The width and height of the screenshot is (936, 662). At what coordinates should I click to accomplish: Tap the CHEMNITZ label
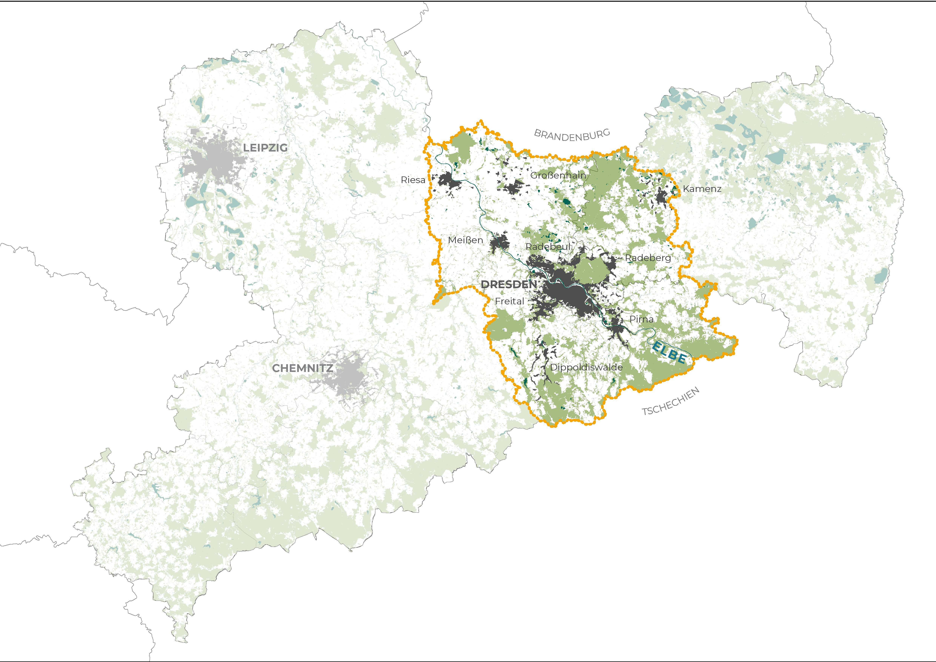pos(302,368)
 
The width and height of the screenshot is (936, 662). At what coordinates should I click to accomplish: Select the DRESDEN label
pos(509,285)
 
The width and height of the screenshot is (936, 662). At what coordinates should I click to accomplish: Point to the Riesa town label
pos(413,180)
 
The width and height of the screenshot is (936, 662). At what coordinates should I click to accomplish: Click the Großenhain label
pos(558,175)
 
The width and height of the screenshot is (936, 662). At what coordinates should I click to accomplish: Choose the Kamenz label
pos(702,189)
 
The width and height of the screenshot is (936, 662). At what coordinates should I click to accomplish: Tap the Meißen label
pos(465,240)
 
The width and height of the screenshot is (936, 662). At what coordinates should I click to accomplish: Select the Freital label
pos(509,301)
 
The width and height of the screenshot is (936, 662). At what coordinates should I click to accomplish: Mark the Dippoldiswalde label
pos(586,367)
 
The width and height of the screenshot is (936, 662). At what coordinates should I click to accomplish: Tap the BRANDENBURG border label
pos(572,135)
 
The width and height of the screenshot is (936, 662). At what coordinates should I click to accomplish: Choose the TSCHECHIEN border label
pos(671,401)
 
